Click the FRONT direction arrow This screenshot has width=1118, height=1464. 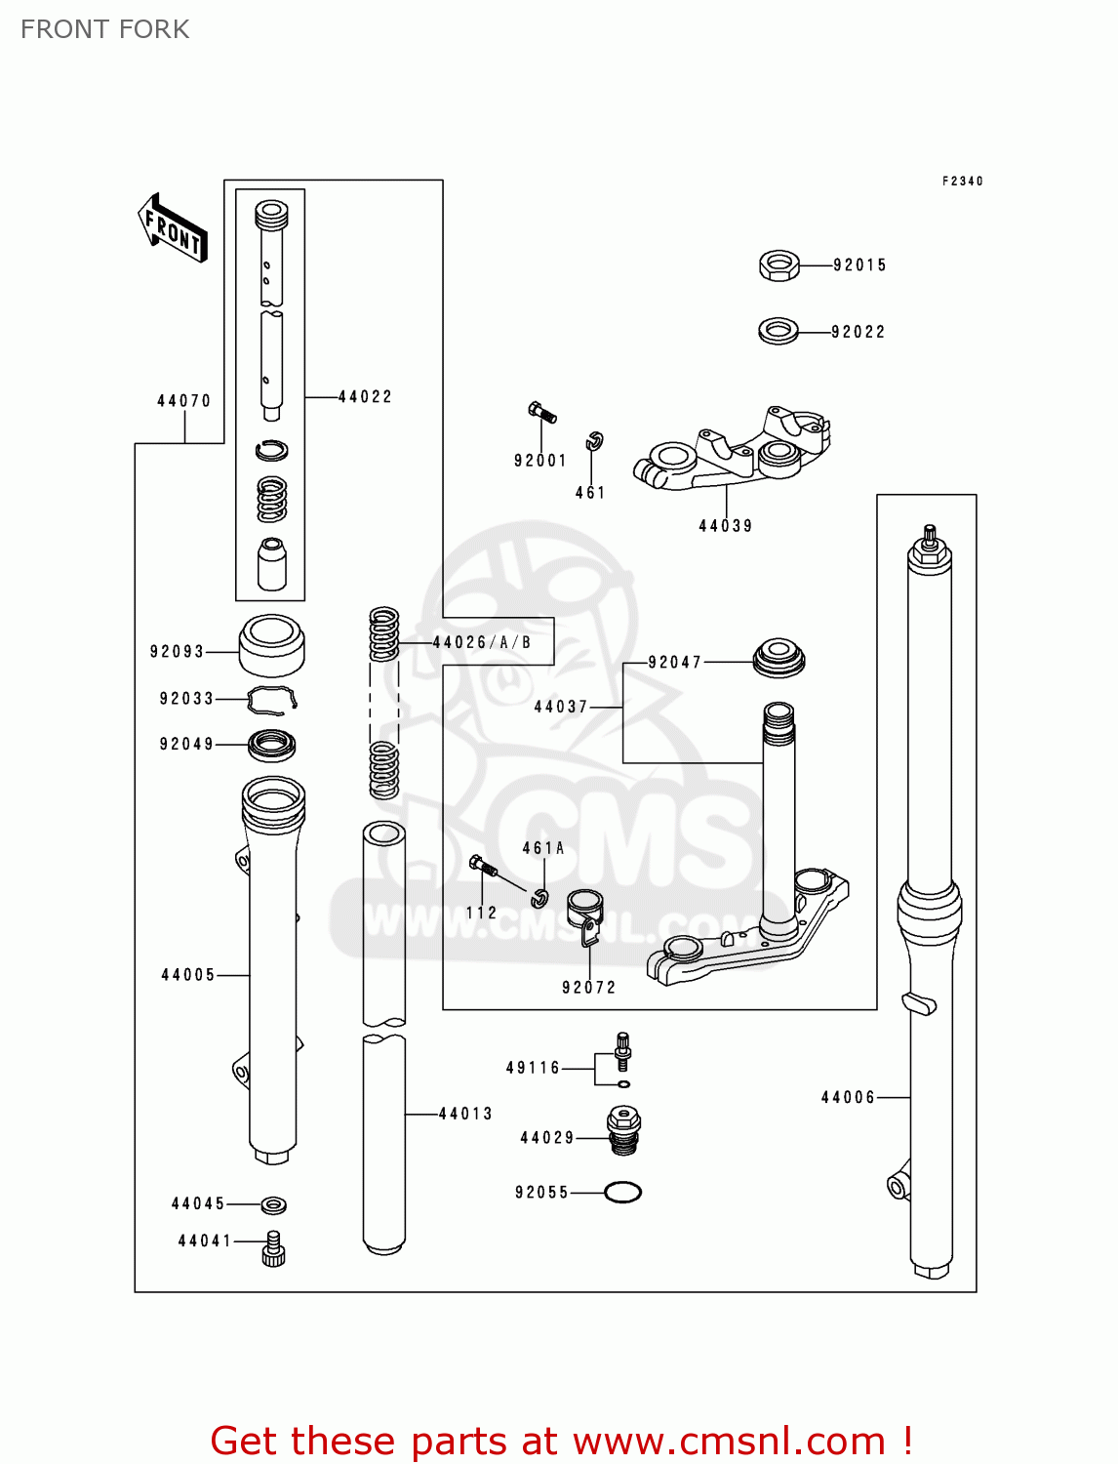(x=173, y=228)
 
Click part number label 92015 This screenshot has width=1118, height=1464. (x=859, y=265)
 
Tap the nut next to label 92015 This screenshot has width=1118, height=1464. (x=779, y=265)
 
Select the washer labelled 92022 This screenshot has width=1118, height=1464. (x=778, y=331)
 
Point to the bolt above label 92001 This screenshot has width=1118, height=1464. (x=541, y=413)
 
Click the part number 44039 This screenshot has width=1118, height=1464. (x=726, y=526)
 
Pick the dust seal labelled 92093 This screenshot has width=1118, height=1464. (x=272, y=645)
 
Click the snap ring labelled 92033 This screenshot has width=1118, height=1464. (x=271, y=699)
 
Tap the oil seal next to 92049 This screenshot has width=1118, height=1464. (x=272, y=746)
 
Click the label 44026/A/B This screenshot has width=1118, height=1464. (x=482, y=642)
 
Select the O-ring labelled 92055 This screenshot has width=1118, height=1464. (x=622, y=1192)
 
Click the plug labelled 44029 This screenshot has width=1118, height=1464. (x=623, y=1130)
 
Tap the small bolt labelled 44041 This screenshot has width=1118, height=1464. (x=273, y=1248)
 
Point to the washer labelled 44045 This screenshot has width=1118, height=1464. (x=274, y=1204)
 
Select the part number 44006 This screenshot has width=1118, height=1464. (x=848, y=1098)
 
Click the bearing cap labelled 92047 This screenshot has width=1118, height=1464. (x=779, y=657)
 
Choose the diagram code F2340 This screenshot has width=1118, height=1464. (x=962, y=182)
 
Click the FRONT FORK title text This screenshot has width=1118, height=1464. (x=104, y=29)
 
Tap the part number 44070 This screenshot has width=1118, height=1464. (x=183, y=401)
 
